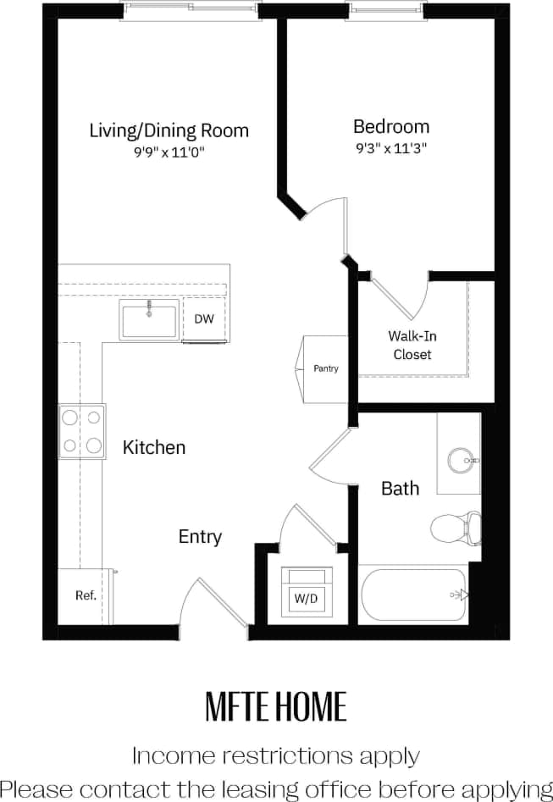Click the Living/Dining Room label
click(x=169, y=130)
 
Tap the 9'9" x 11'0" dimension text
click(x=169, y=152)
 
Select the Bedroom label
click(x=390, y=127)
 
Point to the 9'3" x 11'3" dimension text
click(x=390, y=148)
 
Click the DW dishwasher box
click(x=204, y=319)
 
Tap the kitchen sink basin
click(x=149, y=320)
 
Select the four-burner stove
click(x=81, y=431)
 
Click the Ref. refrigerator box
click(x=85, y=595)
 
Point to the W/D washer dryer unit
click(x=306, y=593)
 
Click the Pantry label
click(x=326, y=368)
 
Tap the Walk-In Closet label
click(x=412, y=346)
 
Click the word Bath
click(x=400, y=489)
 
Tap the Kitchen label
click(x=154, y=447)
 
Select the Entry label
click(x=200, y=537)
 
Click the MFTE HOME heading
click(x=276, y=705)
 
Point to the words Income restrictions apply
click(x=276, y=755)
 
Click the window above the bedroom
click(x=390, y=10)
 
